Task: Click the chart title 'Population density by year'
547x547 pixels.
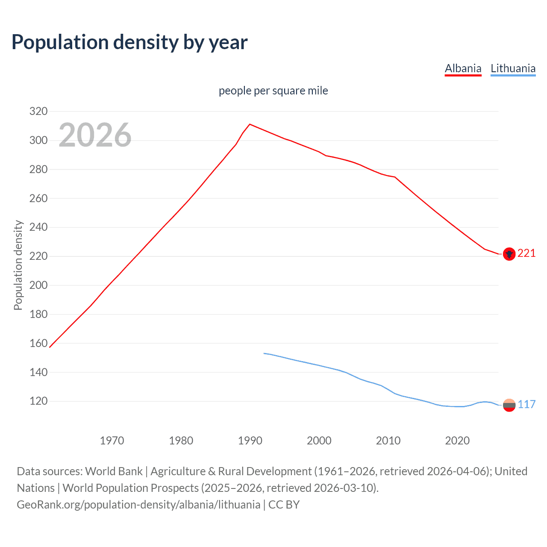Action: pyautogui.click(x=129, y=42)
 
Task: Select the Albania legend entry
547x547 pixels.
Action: pyautogui.click(x=463, y=68)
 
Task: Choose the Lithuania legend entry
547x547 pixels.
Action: pyautogui.click(x=513, y=68)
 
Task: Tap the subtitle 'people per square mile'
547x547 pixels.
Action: pyautogui.click(x=273, y=91)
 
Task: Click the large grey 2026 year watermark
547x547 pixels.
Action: pyautogui.click(x=95, y=135)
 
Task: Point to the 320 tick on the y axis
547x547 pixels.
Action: pyautogui.click(x=38, y=112)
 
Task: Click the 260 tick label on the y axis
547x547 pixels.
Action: pyautogui.click(x=38, y=198)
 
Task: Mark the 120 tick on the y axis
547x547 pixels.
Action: pyautogui.click(x=38, y=401)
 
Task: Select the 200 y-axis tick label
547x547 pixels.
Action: pyautogui.click(x=38, y=285)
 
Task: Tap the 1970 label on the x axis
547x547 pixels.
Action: pyautogui.click(x=112, y=441)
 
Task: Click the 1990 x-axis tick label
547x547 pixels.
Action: pyautogui.click(x=250, y=441)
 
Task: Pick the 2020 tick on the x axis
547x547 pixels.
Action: pyautogui.click(x=457, y=441)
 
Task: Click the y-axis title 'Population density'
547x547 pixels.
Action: pyautogui.click(x=18, y=265)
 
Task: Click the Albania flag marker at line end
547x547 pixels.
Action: pyautogui.click(x=509, y=254)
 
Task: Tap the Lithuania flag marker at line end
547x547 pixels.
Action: pyautogui.click(x=509, y=405)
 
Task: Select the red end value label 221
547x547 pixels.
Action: pyautogui.click(x=526, y=253)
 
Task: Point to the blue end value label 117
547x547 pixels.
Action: pyautogui.click(x=526, y=404)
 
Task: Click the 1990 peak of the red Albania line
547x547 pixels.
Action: pyautogui.click(x=250, y=124)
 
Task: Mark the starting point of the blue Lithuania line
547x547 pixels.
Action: pyautogui.click(x=264, y=353)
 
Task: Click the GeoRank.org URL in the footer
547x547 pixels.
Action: pyautogui.click(x=138, y=505)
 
